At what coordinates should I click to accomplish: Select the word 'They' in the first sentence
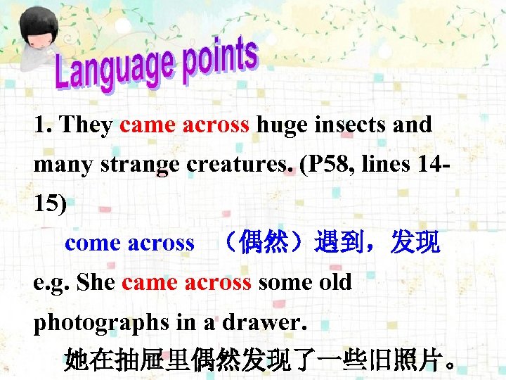pyautogui.click(x=86, y=125)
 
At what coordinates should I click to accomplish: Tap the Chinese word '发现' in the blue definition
pyautogui.click(x=416, y=243)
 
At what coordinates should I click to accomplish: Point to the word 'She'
pyautogui.click(x=96, y=283)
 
